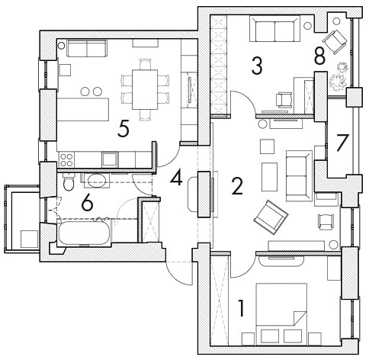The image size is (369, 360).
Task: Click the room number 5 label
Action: pyautogui.click(x=124, y=128)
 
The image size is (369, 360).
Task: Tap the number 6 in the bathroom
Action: pyautogui.click(x=87, y=203)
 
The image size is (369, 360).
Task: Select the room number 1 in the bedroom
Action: pyautogui.click(x=241, y=308)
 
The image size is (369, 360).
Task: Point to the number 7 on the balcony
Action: pyautogui.click(x=342, y=142)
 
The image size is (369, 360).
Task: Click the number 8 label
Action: pyautogui.click(x=319, y=56)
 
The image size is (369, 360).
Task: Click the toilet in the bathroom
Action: pyautogui.click(x=69, y=182)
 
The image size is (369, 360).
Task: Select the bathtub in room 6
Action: pyautogui.click(x=85, y=233)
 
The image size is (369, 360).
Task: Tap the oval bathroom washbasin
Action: pyautogui.click(x=95, y=181)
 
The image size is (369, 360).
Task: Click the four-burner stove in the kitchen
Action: pyautogui.click(x=66, y=159)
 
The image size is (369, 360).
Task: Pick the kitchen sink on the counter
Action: pyautogui.click(x=110, y=159)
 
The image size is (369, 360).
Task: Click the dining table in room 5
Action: pyautogui.click(x=145, y=89)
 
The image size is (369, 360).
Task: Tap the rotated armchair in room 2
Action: pyautogui.click(x=271, y=217)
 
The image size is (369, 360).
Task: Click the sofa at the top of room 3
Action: pyautogui.click(x=274, y=28)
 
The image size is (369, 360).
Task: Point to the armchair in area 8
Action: pyautogui.click(x=335, y=42)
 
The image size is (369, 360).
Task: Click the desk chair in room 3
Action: pyautogui.click(x=284, y=100)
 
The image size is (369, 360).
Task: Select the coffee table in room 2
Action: pyautogui.click(x=269, y=177)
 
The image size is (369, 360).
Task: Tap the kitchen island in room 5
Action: pyautogui.click(x=83, y=110)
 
